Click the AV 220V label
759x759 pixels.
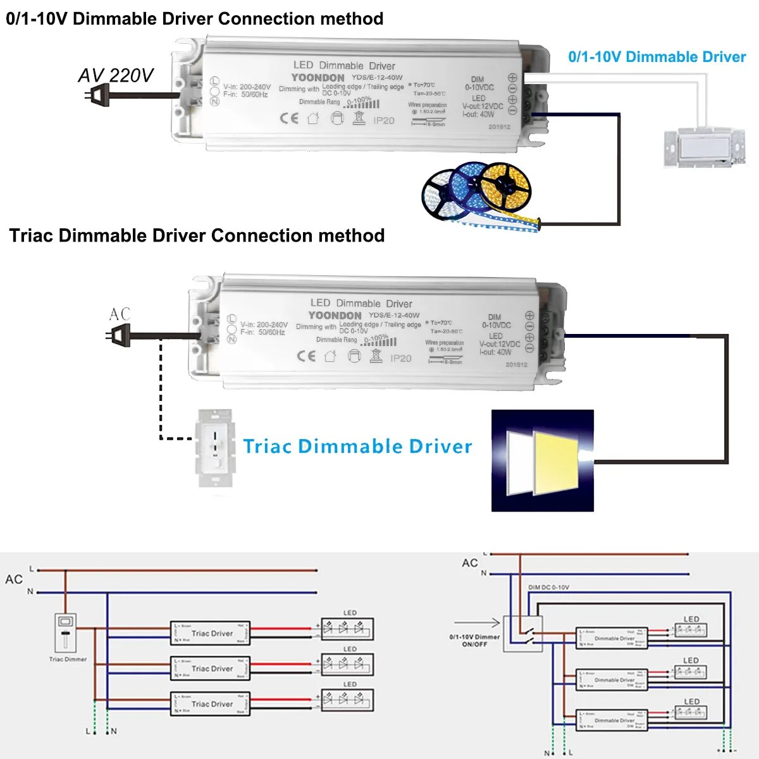(116, 75)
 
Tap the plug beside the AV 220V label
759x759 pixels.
(95, 96)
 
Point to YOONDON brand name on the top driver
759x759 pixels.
(318, 77)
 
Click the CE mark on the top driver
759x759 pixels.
(289, 118)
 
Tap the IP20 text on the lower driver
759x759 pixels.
(401, 358)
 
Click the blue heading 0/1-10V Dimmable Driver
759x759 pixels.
(657, 57)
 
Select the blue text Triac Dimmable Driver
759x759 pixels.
(357, 446)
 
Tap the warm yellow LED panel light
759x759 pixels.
(557, 464)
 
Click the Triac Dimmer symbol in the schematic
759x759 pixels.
(66, 632)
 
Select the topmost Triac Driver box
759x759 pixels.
(210, 633)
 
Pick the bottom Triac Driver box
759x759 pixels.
(210, 704)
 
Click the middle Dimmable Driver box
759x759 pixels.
(612, 680)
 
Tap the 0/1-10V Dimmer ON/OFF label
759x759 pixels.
(474, 640)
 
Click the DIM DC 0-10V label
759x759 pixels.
(548, 588)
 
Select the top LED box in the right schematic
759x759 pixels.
(690, 629)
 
